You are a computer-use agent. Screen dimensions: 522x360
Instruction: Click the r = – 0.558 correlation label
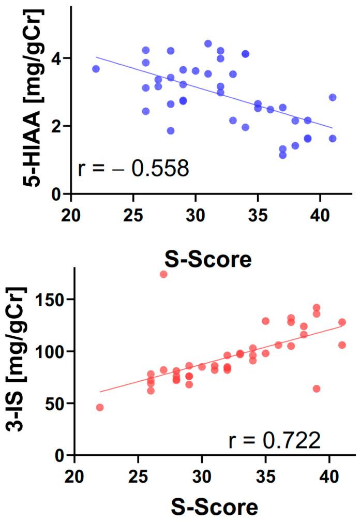click(x=133, y=169)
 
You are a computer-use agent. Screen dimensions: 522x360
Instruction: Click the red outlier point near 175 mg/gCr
click(x=163, y=274)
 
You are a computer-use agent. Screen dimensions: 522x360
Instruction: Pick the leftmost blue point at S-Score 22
click(x=96, y=69)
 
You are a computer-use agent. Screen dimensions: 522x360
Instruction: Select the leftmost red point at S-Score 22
click(x=100, y=407)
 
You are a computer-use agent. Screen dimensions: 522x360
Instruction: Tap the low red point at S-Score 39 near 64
click(x=317, y=389)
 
